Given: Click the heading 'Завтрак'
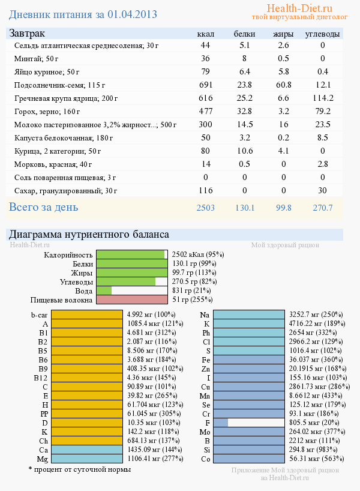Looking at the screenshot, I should [x=26, y=34].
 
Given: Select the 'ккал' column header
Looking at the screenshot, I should [x=206, y=34].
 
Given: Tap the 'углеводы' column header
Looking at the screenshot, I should [x=322, y=34].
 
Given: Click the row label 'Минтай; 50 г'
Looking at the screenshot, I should [x=36, y=59].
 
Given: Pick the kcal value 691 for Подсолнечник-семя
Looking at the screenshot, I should [x=206, y=85].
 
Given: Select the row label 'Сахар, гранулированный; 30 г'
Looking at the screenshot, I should [x=65, y=191].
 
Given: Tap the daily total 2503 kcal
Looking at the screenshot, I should [x=206, y=208].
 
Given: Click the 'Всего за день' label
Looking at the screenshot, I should [x=43, y=207].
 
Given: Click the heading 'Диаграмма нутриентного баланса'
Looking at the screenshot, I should [x=89, y=234].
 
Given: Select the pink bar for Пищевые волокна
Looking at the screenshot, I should [x=132, y=300].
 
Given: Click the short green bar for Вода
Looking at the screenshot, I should [x=104, y=291].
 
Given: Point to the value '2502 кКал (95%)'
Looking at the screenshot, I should [x=197, y=255].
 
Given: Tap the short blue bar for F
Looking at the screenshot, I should [x=220, y=423].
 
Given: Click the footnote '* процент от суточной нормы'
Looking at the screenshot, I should [x=79, y=469].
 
